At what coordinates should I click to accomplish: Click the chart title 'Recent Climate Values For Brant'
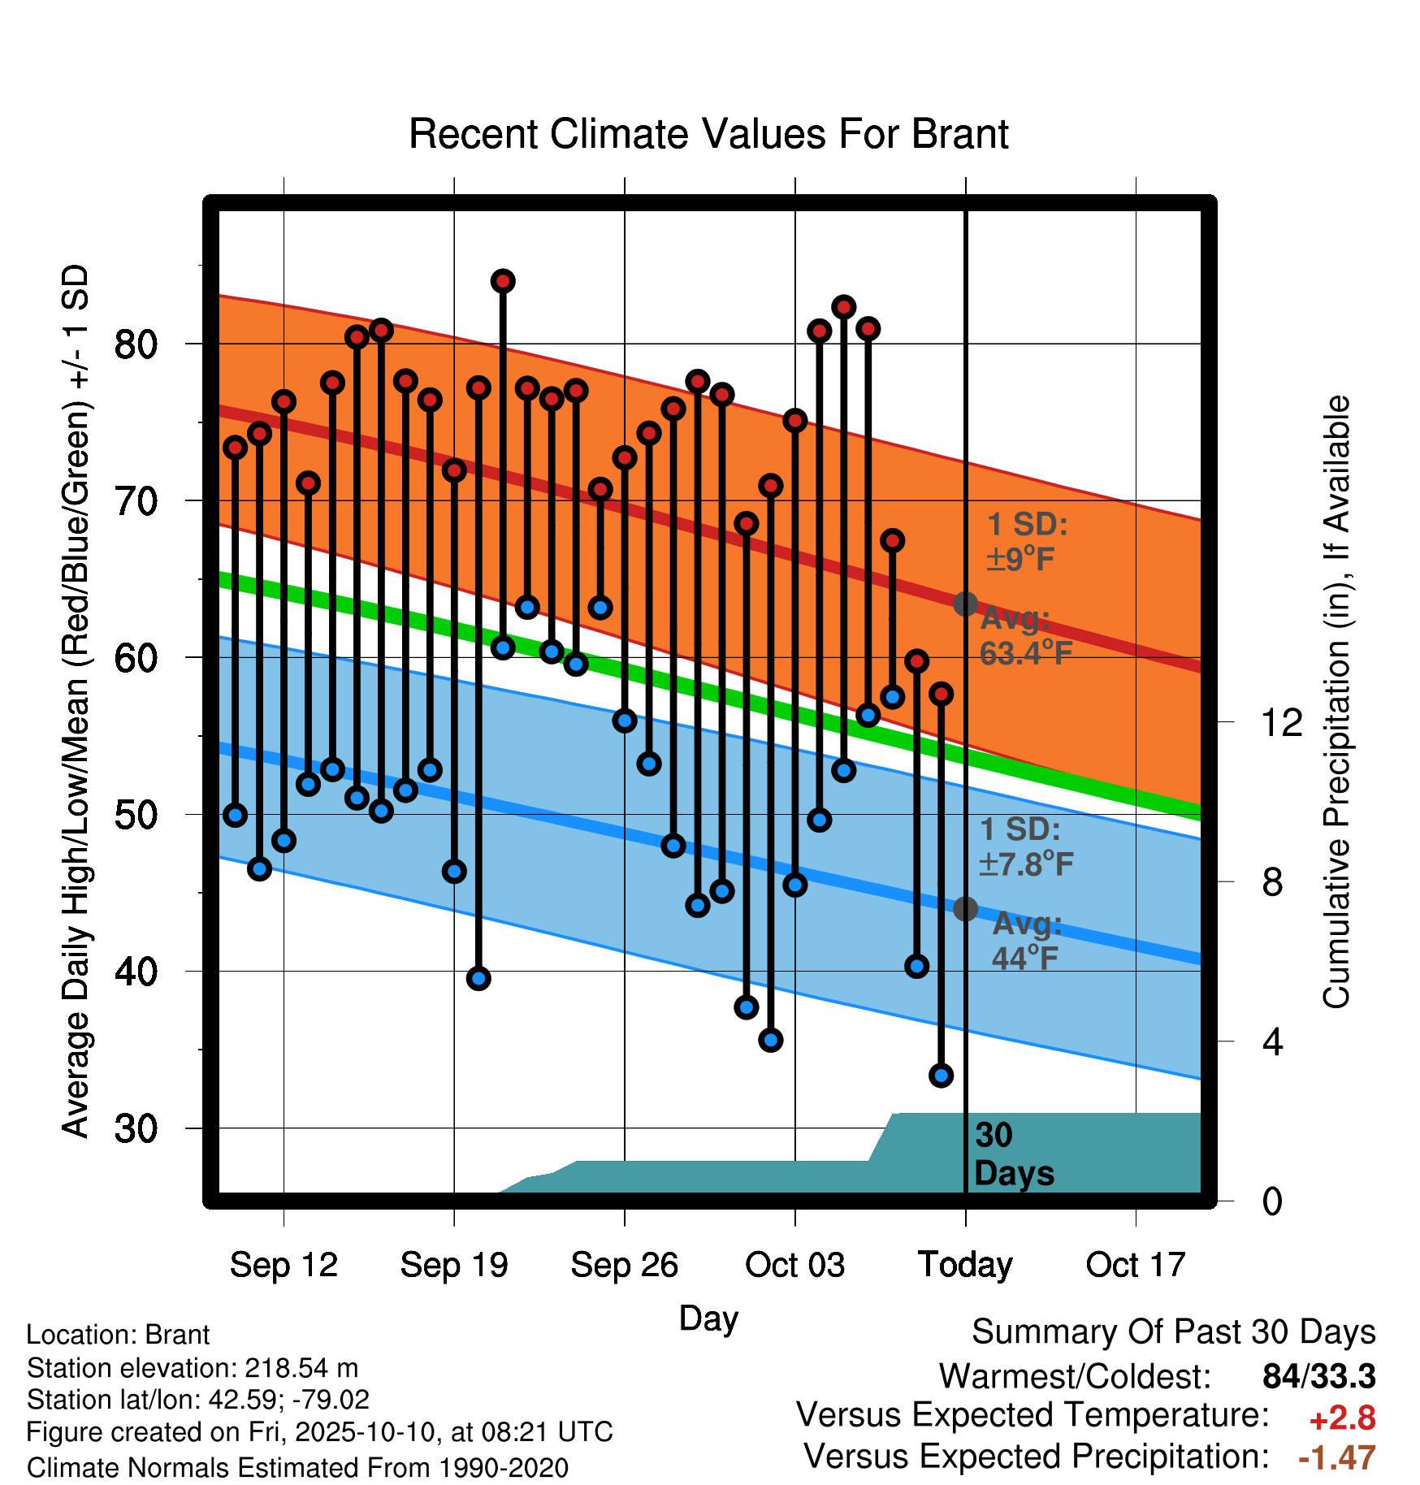(708, 134)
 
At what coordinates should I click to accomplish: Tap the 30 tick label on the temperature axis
(136, 1128)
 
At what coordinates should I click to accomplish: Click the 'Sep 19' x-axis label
(454, 1265)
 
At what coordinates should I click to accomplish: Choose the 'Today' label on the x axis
(965, 1265)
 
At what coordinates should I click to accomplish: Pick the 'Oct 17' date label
(1136, 1265)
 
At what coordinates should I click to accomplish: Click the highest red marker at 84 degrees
(503, 281)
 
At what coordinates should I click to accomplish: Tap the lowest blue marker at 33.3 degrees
(941, 1076)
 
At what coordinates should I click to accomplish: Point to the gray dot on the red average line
(965, 604)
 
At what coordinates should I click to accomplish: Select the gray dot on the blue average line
(965, 908)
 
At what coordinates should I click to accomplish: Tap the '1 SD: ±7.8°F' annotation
(1026, 846)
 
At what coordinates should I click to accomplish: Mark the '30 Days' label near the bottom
(1014, 1154)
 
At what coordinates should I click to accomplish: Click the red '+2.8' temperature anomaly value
(1342, 1418)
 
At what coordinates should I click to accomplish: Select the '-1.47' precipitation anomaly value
(1337, 1457)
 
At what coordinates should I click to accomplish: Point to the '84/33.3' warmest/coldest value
(1319, 1376)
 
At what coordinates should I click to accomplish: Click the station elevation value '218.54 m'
(301, 1368)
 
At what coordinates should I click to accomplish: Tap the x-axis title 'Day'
(708, 1318)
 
